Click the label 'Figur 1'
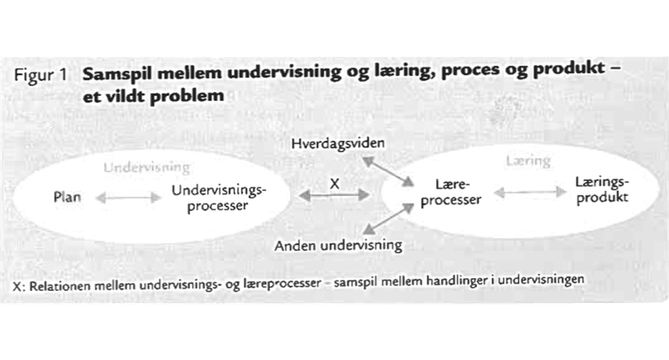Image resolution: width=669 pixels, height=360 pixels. pos(46,76)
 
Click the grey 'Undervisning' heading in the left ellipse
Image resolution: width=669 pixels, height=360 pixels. pos(147,168)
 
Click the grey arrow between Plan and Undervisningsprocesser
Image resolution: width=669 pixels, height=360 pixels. pos(128,198)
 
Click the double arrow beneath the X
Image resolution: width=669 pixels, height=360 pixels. pos(334,195)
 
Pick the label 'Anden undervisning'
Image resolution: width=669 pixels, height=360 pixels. pos(338,245)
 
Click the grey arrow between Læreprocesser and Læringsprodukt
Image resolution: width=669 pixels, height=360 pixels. pos(529,193)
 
